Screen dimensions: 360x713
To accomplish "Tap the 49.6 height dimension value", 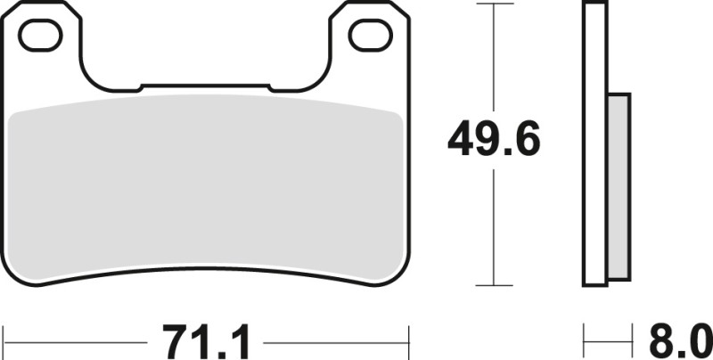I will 495,139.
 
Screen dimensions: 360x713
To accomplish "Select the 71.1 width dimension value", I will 208,341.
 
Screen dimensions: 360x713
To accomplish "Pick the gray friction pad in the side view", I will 619,186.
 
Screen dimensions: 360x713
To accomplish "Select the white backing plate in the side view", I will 596,143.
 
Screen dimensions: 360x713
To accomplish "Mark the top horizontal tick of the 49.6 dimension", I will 495,4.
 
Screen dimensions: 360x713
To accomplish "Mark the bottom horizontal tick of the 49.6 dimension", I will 495,286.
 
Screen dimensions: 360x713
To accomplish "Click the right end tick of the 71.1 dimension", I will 407,340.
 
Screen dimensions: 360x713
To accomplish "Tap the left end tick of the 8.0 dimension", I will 586,340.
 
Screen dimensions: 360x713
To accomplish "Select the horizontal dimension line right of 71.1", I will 339,340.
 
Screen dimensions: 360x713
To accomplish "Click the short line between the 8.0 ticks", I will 606,340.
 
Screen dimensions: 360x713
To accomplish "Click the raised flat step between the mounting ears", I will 205,86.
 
